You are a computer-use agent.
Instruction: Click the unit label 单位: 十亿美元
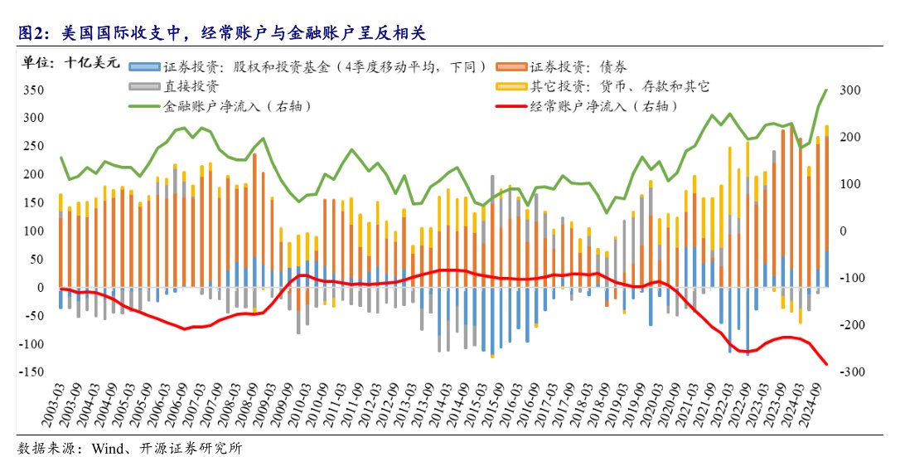click(70, 62)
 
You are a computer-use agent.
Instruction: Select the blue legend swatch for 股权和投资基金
click(146, 66)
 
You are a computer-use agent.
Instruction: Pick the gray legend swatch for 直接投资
click(146, 86)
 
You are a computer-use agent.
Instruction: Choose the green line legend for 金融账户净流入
click(146, 106)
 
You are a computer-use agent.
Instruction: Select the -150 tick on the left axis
click(31, 372)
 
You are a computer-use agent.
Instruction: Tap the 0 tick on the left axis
click(40, 287)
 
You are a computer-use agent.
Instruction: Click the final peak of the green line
click(826, 90)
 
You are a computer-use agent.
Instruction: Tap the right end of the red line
click(826, 364)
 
